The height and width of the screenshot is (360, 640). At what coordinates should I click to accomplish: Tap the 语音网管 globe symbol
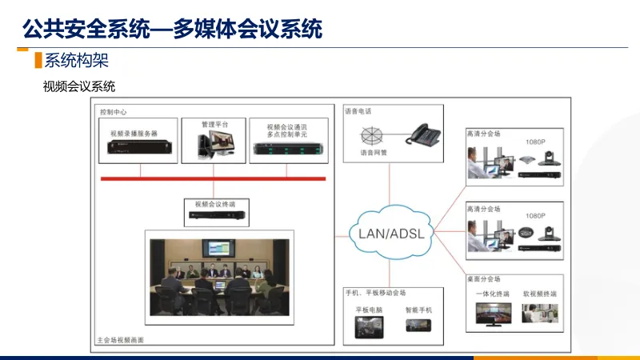click(x=371, y=134)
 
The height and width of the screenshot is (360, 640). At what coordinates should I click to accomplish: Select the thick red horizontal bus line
click(x=213, y=178)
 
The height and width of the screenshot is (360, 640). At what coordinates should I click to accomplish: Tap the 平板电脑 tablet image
click(x=370, y=326)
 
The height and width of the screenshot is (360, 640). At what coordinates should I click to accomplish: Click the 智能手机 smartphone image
click(x=418, y=326)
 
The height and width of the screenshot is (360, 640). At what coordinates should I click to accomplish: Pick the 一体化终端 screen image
click(x=494, y=313)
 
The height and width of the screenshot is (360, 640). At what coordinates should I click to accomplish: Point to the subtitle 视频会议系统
click(x=79, y=86)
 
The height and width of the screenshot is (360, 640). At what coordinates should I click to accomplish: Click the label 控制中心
click(x=113, y=112)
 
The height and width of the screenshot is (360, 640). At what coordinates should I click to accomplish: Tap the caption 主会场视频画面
click(x=120, y=340)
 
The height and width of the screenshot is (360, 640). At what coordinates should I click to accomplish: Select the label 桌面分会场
click(x=483, y=279)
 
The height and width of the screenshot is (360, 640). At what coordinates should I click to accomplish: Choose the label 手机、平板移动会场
click(x=375, y=293)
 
